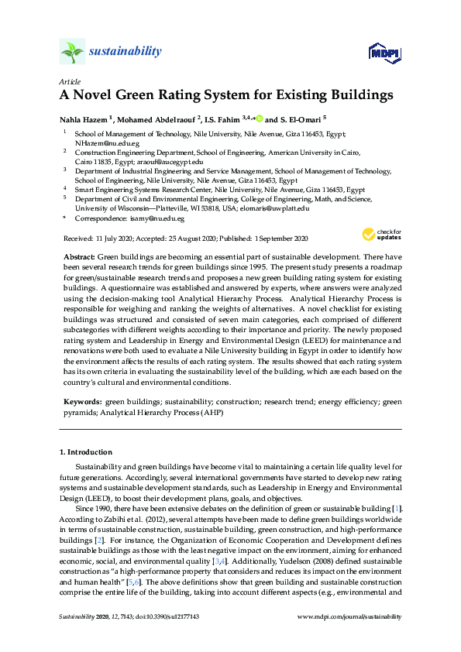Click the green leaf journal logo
tap(71, 53)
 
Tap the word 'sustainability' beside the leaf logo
tap(126, 52)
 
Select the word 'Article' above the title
tap(68, 81)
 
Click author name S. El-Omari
tap(299, 119)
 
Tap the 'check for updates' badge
tap(380, 234)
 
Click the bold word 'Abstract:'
tap(80, 256)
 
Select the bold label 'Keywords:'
tap(81, 402)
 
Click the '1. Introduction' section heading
tap(85, 451)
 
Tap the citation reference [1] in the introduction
tap(397, 506)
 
